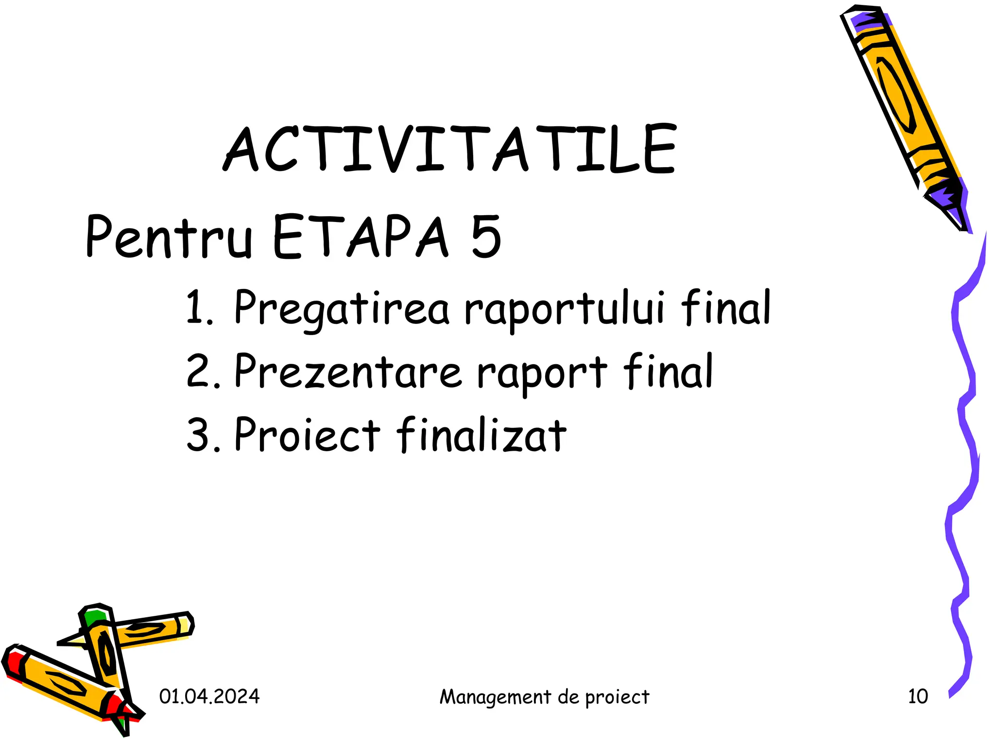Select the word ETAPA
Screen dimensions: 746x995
pos(360,237)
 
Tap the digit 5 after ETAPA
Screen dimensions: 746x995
pos(485,237)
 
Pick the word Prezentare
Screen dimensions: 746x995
pos(347,372)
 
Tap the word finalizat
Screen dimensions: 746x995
pos(481,434)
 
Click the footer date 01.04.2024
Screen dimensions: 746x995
pos(209,696)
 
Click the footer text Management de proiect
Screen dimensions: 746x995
pos(544,697)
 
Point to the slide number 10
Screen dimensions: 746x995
pos(918,696)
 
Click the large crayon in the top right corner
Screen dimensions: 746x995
pos(899,107)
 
